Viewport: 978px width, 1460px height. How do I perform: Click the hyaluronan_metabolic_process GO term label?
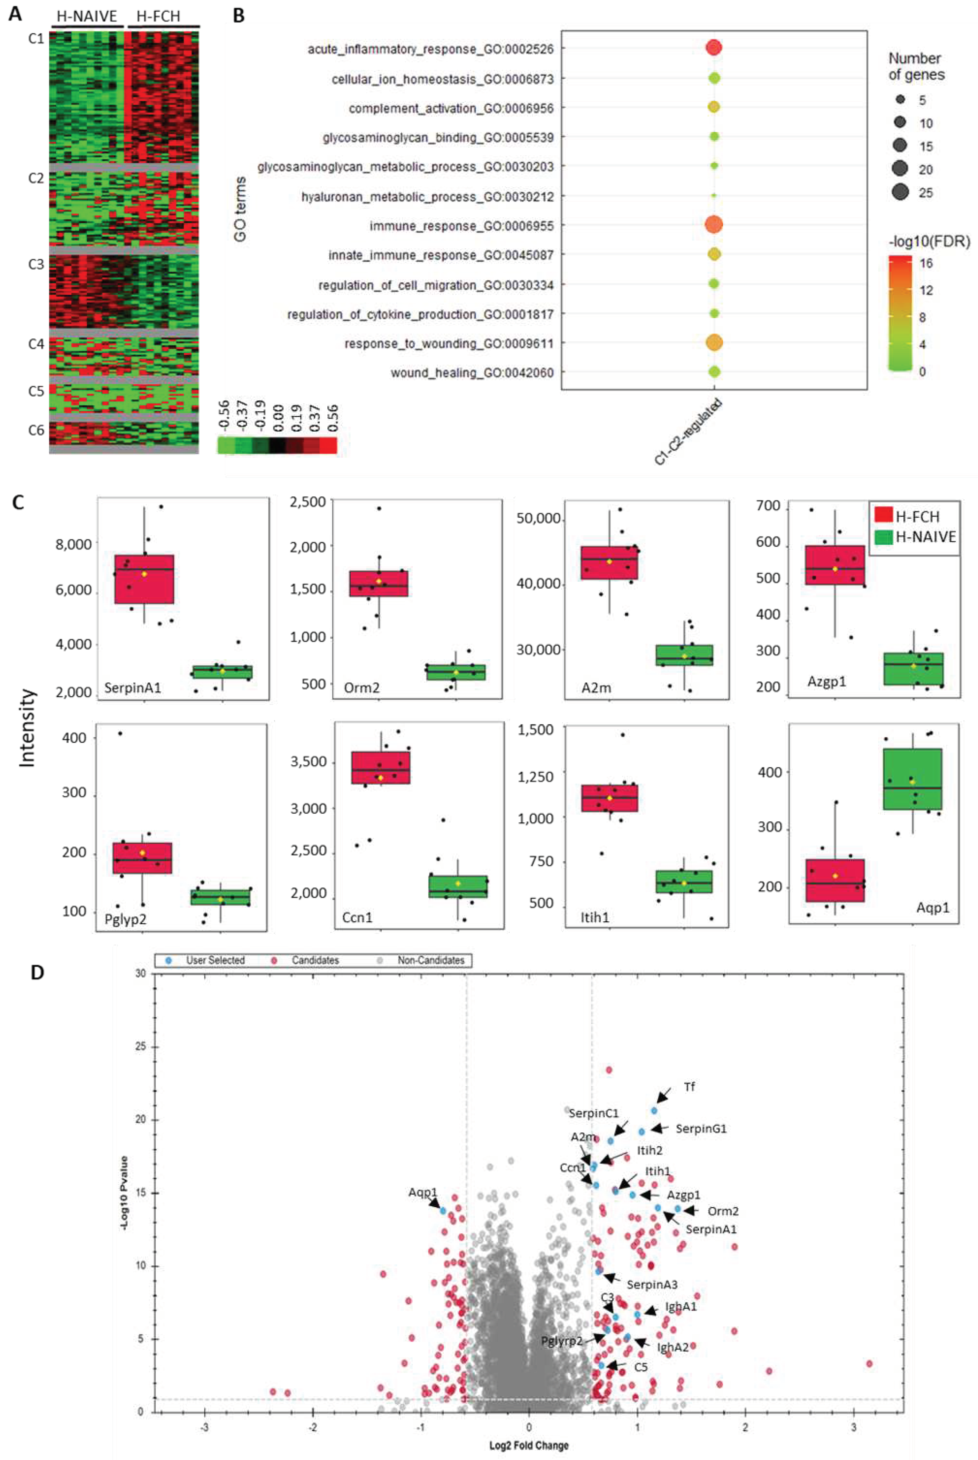point(427,197)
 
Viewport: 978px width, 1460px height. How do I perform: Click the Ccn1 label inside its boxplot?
point(357,917)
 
